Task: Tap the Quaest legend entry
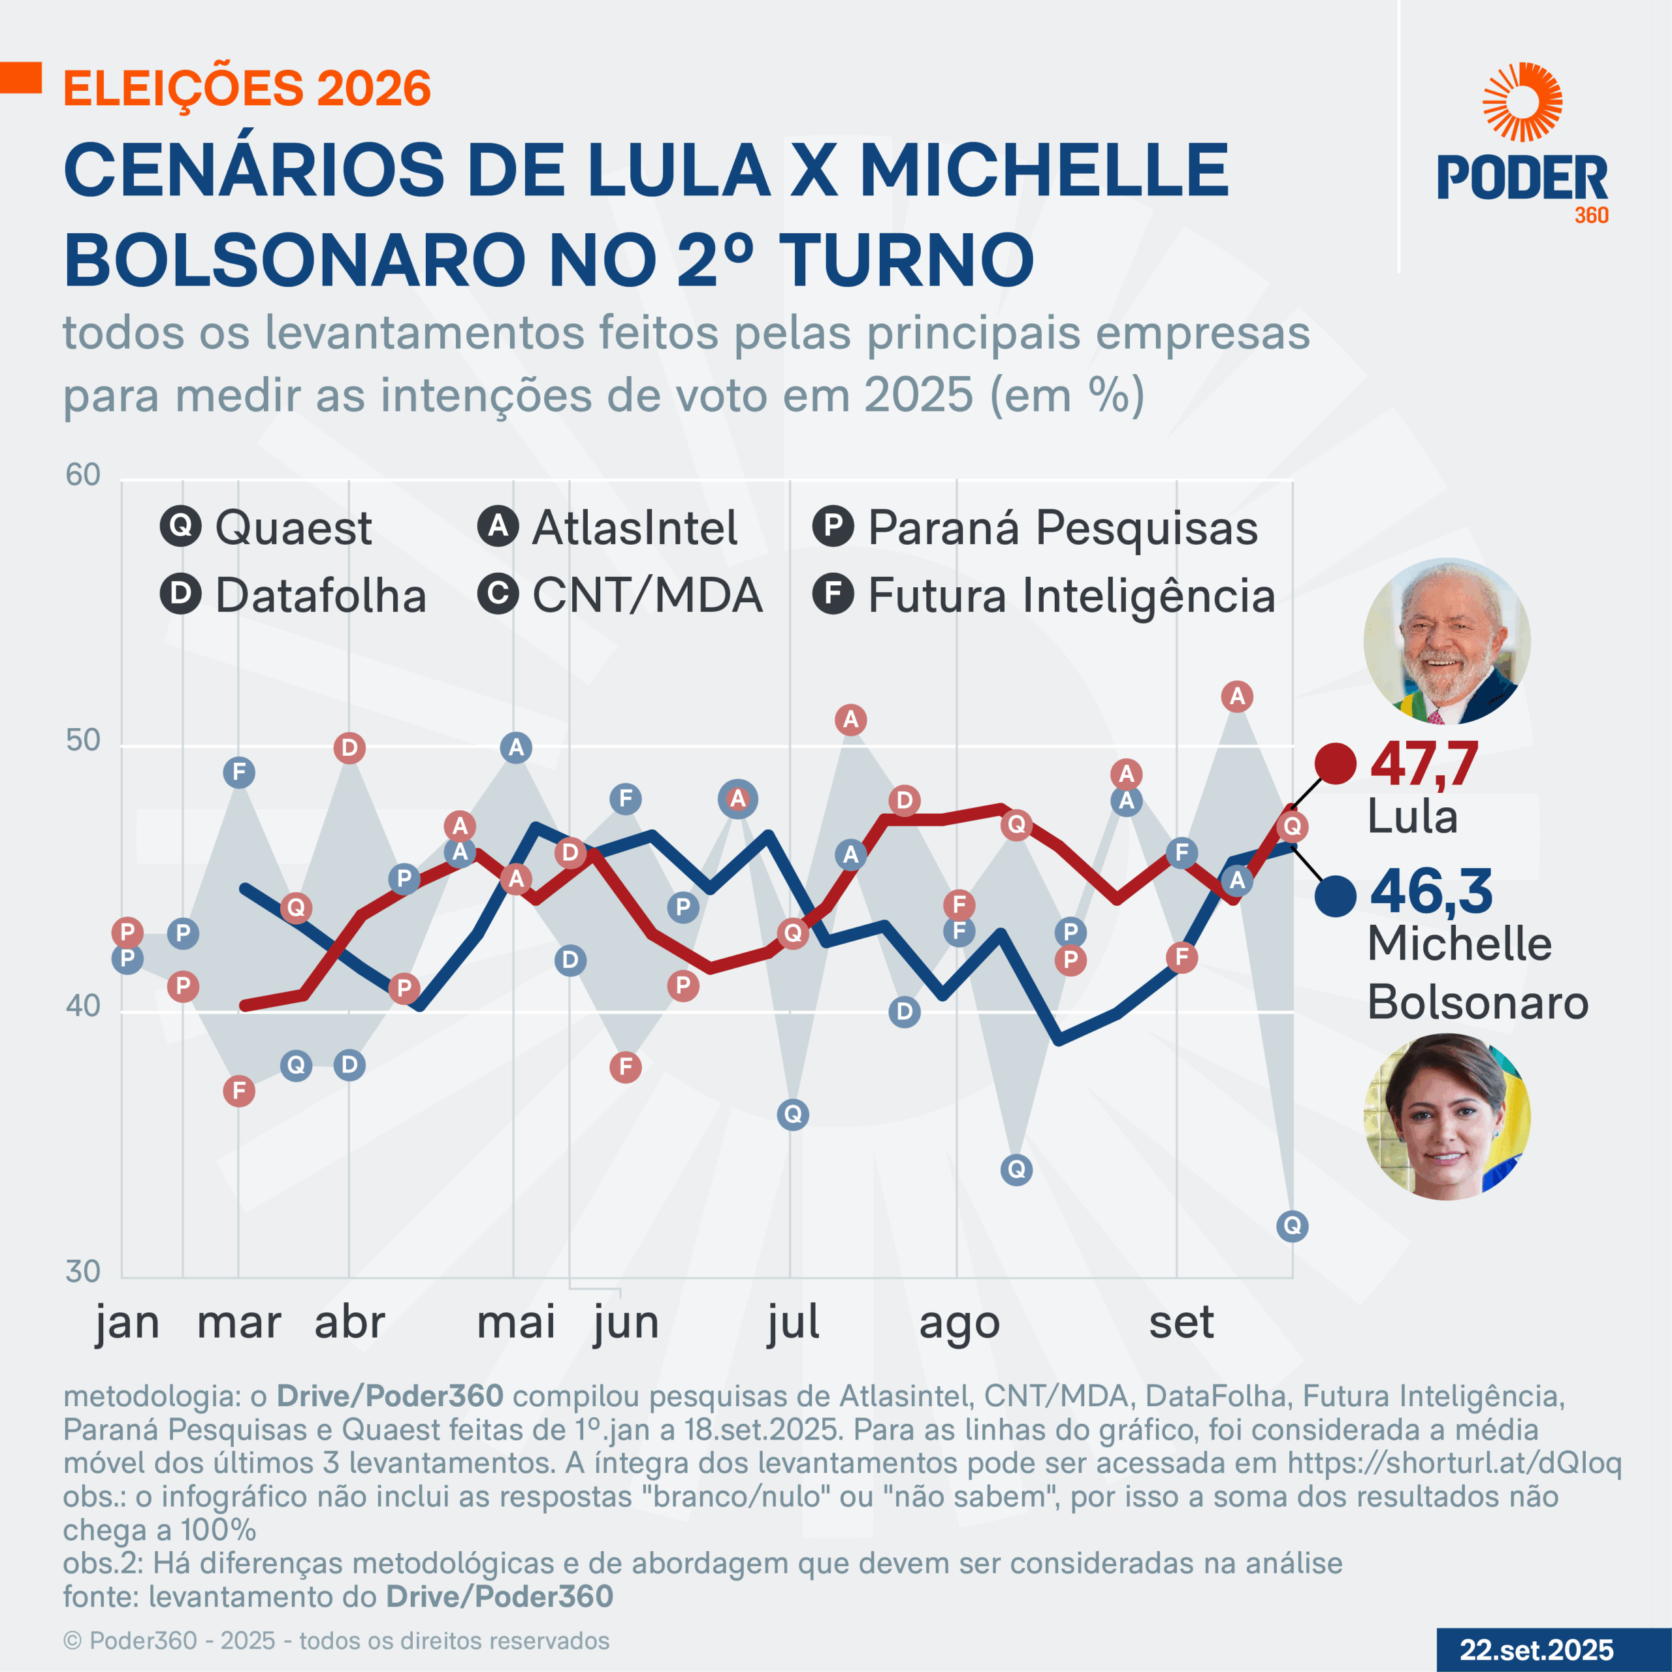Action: pyautogui.click(x=266, y=527)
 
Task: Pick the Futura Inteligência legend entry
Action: pyautogui.click(x=1044, y=596)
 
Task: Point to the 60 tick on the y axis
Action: pyautogui.click(x=83, y=475)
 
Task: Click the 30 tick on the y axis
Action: pyautogui.click(x=83, y=1272)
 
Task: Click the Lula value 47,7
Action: pyautogui.click(x=1424, y=764)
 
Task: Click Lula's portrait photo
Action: pyautogui.click(x=1447, y=641)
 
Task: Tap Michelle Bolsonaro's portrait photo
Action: pyautogui.click(x=1447, y=1116)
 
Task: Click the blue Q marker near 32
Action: pyautogui.click(x=1292, y=1225)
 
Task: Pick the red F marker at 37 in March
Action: pyautogui.click(x=239, y=1091)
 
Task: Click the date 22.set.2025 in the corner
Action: pyautogui.click(x=1536, y=1650)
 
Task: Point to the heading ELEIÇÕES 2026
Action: pyautogui.click(x=248, y=88)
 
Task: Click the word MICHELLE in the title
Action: pyautogui.click(x=1044, y=170)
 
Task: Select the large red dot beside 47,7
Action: pyautogui.click(x=1336, y=764)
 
